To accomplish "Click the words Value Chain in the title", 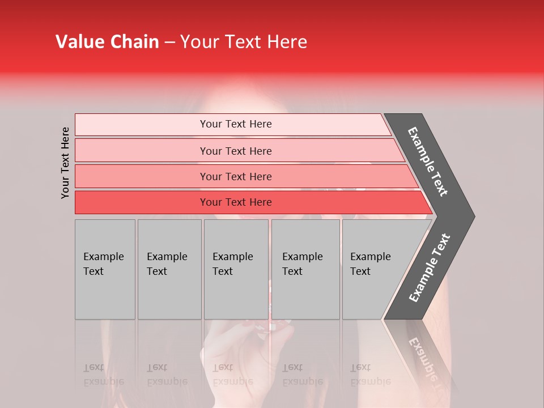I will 107,42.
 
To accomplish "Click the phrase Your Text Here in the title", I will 244,42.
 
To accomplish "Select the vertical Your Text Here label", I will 65,163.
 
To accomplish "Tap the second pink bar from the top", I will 236,151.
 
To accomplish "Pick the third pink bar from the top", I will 236,176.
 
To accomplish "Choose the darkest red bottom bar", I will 236,202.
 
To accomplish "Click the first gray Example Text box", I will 105,269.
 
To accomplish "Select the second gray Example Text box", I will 169,269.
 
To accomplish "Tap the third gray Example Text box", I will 236,269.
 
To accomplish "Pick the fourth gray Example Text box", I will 305,269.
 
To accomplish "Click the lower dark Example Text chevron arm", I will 429,267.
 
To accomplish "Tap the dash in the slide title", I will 169,42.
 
